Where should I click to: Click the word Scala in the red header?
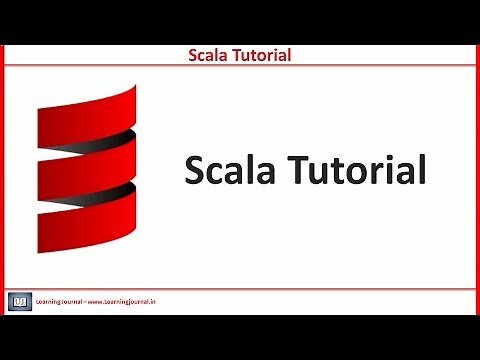coord(208,55)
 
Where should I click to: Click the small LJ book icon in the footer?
coord(19,300)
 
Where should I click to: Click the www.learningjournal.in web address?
coord(125,300)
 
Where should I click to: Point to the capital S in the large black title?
coord(196,170)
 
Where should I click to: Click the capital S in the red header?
coord(194,55)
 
